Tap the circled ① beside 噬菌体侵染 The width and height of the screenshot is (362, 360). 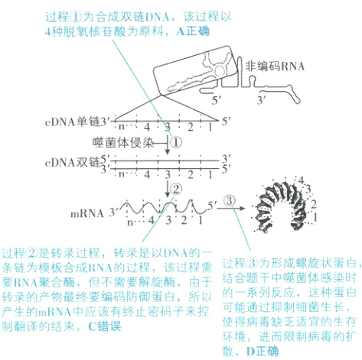(174, 142)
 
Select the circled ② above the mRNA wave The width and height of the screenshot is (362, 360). (176, 189)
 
